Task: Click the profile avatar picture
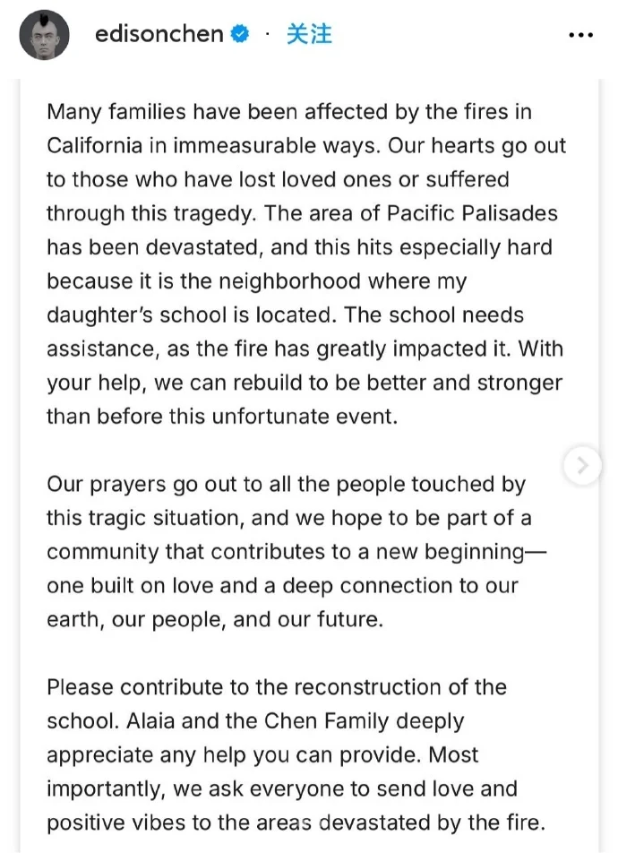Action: coord(46,36)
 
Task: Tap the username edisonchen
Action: coord(159,35)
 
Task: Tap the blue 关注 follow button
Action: coord(309,35)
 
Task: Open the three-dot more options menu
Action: coord(581,36)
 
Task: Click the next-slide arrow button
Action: coord(583,465)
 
